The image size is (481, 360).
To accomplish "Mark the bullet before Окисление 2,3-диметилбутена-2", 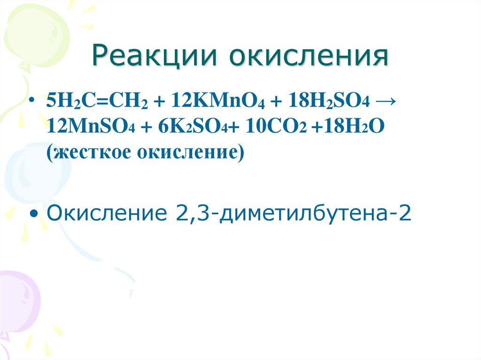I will point(34,214).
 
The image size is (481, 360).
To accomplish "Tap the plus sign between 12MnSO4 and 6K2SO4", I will point(147,127).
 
